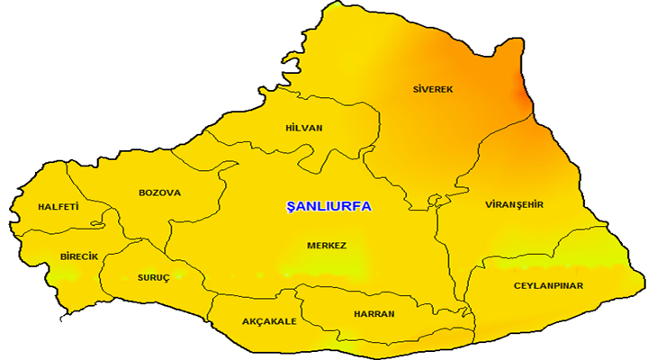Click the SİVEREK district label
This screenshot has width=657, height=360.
(x=432, y=90)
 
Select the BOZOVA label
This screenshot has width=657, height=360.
(x=160, y=193)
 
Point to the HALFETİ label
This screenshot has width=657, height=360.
(x=58, y=207)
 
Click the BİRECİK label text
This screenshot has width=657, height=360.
(x=79, y=256)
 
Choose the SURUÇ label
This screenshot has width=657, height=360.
(x=153, y=277)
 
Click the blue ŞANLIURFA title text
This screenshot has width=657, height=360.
(x=328, y=206)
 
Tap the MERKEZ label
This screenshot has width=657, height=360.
(x=327, y=245)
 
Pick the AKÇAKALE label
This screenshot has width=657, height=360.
(x=269, y=321)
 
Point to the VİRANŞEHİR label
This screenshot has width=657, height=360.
(x=514, y=204)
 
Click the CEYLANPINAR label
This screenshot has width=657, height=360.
(x=549, y=285)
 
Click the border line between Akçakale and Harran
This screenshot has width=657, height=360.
(x=302, y=310)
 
